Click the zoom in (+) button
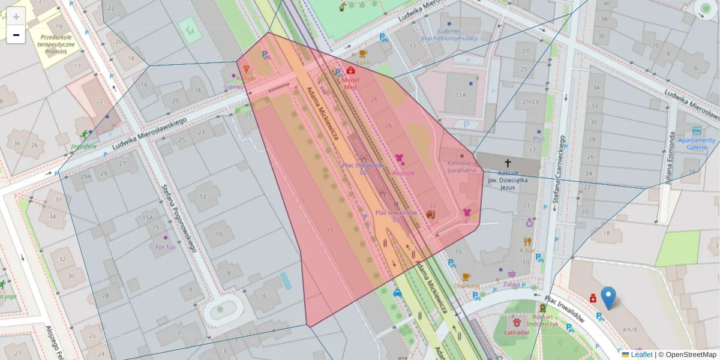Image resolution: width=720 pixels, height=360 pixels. [16, 16]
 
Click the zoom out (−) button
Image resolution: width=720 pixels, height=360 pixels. [16, 35]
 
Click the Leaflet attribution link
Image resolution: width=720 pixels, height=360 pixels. [641, 355]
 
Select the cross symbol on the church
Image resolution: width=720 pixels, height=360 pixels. [508, 163]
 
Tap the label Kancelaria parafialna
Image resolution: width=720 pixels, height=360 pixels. [461, 166]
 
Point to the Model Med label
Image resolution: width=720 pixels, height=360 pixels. [350, 83]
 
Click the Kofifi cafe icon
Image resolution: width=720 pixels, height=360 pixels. [364, 53]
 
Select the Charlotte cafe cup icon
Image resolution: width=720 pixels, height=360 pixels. [466, 277]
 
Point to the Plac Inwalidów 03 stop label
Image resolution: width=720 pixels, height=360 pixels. [395, 216]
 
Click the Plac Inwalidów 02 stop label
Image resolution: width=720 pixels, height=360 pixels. [362, 169]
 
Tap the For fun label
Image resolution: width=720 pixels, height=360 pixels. [165, 247]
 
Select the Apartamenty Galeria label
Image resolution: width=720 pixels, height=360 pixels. [696, 144]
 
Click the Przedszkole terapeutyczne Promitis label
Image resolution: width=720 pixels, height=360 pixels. [55, 40]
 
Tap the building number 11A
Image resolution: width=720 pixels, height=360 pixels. [460, 95]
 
